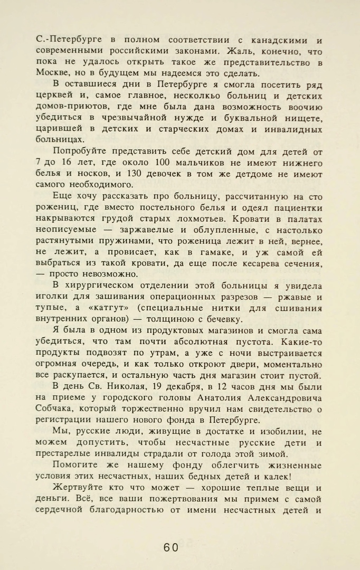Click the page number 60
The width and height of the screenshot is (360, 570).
[x=170, y=547]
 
